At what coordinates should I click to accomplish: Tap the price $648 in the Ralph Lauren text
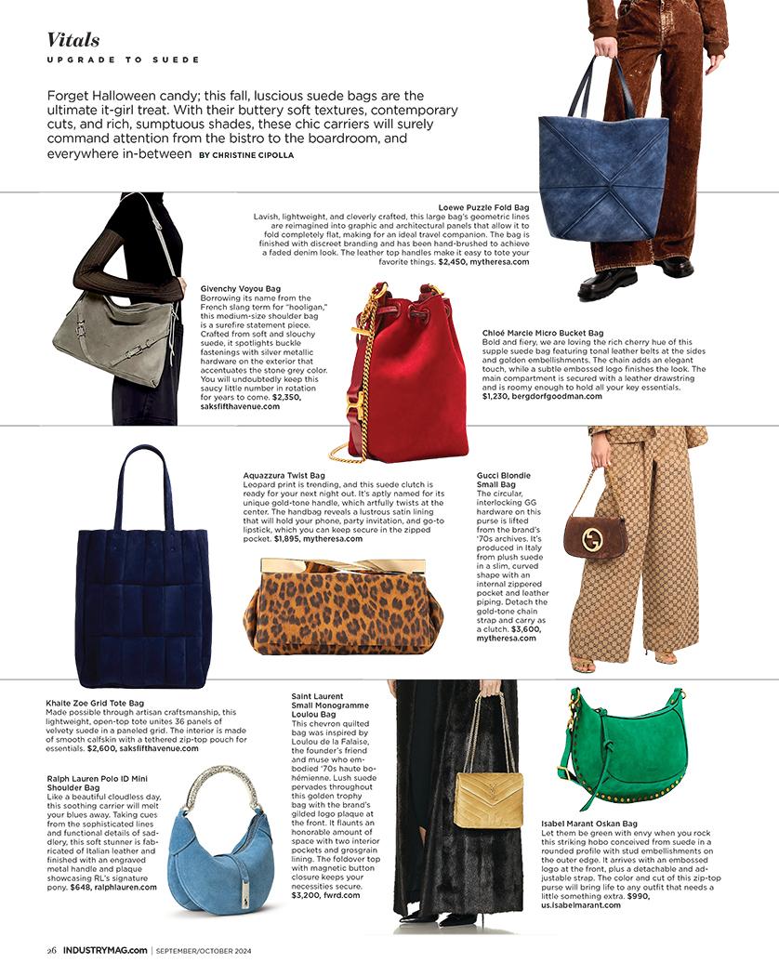pyautogui.click(x=82, y=888)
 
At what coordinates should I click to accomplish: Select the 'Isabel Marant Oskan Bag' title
pyautogui.click(x=589, y=824)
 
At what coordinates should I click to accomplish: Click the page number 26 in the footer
pyautogui.click(x=53, y=950)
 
